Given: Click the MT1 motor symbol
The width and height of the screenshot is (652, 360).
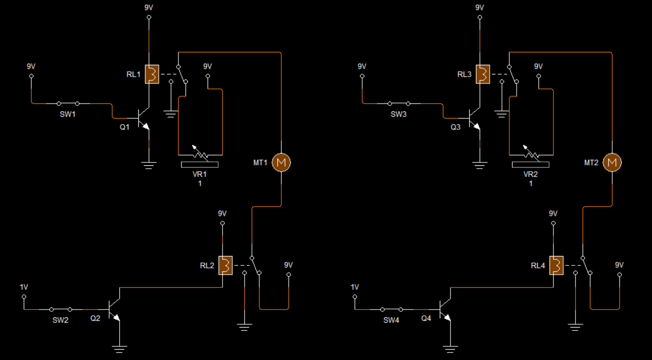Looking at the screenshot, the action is tap(281, 162).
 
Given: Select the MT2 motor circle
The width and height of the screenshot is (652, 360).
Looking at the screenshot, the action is tap(612, 162).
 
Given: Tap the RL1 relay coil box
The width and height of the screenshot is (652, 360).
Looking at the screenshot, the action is tap(152, 74).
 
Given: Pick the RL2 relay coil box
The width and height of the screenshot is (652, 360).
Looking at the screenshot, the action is tap(226, 265).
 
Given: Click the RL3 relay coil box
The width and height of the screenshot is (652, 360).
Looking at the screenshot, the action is tap(483, 74).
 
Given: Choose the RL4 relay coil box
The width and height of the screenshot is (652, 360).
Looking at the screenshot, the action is tap(556, 265).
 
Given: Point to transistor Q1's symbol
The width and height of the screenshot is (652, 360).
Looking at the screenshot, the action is tap(144, 118).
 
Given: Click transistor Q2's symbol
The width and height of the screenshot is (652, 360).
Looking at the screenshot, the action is tap(114, 309).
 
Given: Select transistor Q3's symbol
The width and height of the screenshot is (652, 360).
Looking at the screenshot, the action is tap(475, 118).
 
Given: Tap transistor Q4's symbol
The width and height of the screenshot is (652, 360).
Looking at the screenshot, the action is tap(445, 309).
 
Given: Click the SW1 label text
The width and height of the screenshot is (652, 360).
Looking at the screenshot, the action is tap(68, 114).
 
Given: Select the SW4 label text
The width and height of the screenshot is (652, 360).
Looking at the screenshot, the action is tap(391, 320).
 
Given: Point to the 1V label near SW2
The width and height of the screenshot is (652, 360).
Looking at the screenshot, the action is tap(24, 287).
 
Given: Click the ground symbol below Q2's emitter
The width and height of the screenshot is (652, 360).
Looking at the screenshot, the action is tap(119, 349).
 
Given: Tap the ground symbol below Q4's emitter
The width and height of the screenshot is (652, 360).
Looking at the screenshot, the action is tap(451, 349).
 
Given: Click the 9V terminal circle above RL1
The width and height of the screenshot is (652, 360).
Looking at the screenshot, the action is tap(149, 17).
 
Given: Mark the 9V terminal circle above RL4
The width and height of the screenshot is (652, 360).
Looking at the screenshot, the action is tap(553, 223).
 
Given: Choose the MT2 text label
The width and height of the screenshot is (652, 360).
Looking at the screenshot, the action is tap(591, 162).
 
